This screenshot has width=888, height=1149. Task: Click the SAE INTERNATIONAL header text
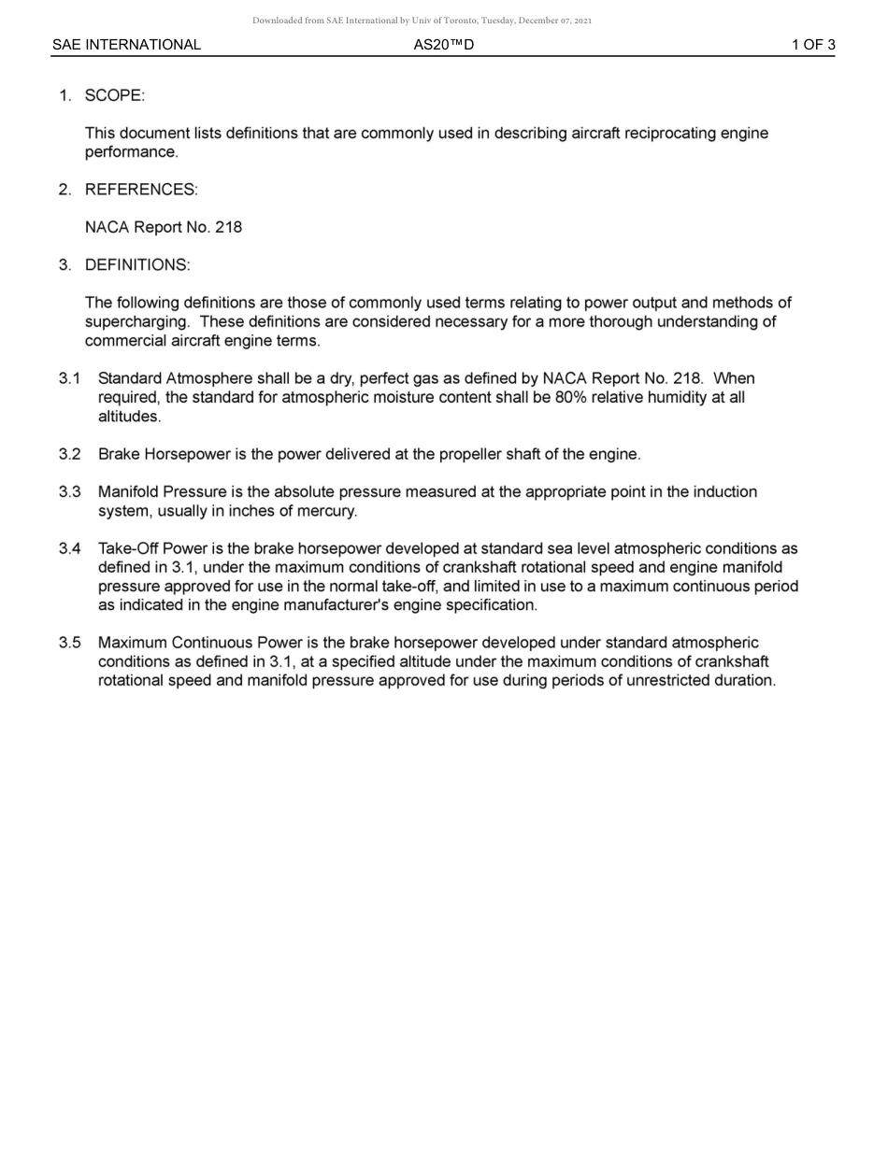(x=126, y=45)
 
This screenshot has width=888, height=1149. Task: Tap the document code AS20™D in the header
(x=443, y=45)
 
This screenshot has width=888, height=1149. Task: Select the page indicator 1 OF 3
(x=813, y=45)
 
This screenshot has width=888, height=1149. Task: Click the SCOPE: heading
(x=115, y=95)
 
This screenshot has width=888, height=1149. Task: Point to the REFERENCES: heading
(x=141, y=190)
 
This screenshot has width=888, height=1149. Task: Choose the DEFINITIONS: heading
(x=137, y=265)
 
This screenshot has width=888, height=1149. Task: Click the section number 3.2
(x=69, y=455)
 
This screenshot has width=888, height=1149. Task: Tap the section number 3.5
(x=69, y=643)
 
